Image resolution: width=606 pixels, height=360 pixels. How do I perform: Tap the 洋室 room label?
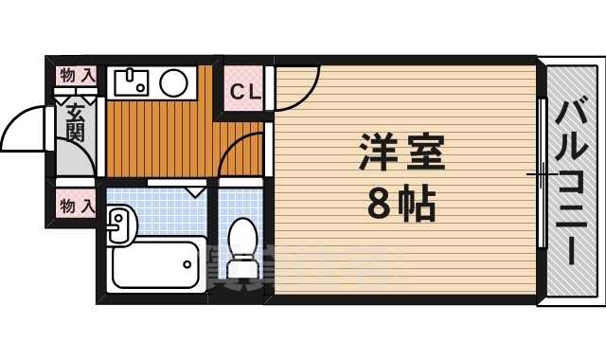[401, 152]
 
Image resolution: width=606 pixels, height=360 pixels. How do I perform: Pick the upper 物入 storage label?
[77, 74]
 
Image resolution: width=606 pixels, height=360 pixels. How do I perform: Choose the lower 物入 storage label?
[77, 203]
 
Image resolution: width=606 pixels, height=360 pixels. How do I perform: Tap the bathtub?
[157, 264]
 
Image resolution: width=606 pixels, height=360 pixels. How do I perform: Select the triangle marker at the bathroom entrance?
[196, 190]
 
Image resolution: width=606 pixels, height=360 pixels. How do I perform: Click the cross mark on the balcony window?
[541, 174]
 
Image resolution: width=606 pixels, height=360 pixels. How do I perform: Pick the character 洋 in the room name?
[377, 152]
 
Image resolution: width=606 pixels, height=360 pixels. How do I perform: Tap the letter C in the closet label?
[237, 92]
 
